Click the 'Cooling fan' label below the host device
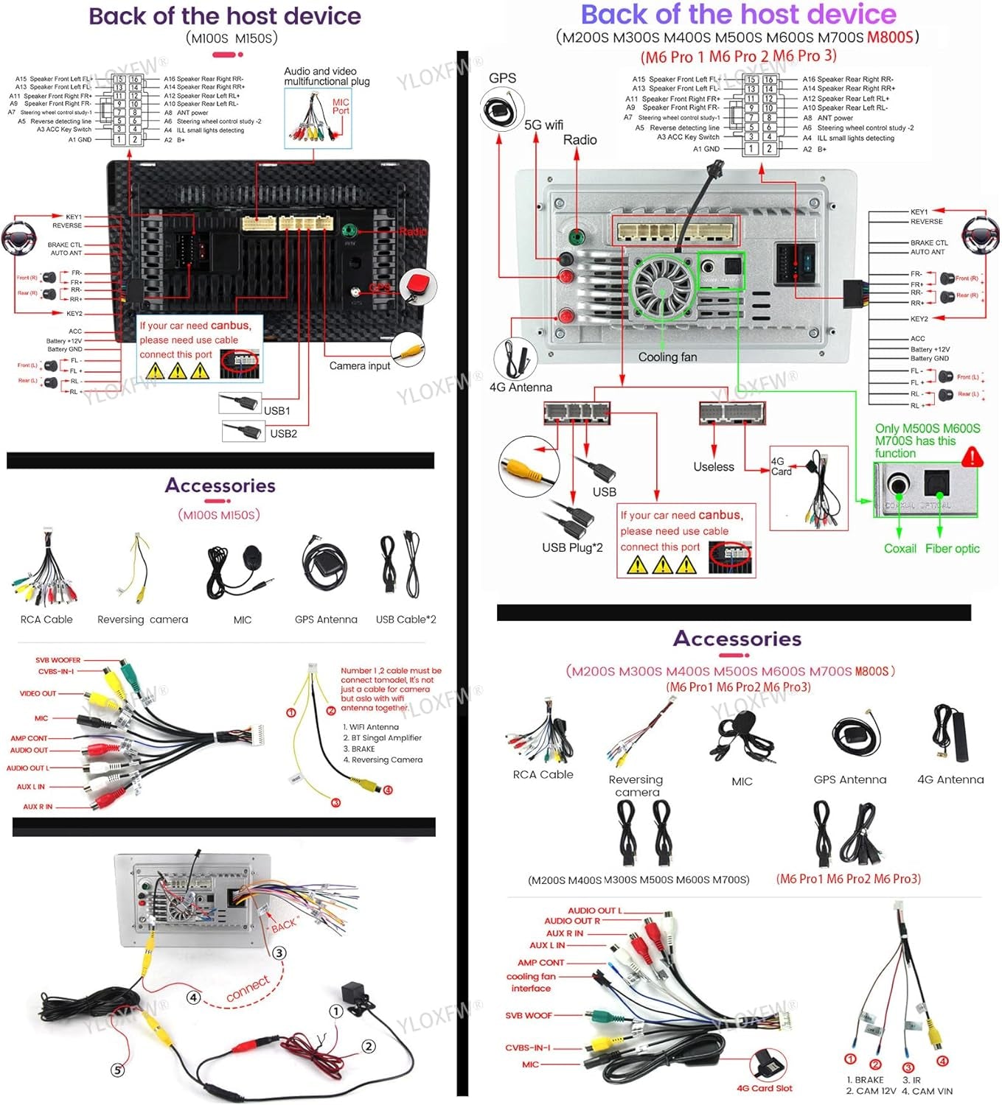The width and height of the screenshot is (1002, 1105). pos(667,357)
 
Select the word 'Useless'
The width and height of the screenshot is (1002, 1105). pos(713,467)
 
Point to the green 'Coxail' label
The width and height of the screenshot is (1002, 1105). pos(900,549)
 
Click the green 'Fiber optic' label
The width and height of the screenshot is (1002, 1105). pos(952,549)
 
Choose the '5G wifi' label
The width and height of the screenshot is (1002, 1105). pos(543,125)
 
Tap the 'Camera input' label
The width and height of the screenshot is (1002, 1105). pos(359,366)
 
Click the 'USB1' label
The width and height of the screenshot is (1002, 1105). pos(276,411)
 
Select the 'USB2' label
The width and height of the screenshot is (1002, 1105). pos(283,434)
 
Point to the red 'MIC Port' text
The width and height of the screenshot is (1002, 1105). pos(340,107)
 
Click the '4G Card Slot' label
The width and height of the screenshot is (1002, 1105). pos(764,1088)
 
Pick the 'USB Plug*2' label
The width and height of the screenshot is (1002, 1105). pos(572,547)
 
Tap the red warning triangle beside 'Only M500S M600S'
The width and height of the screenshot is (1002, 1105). pos(973,457)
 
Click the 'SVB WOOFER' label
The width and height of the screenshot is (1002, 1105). pos(58,660)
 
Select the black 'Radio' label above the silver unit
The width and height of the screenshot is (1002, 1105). pos(580,140)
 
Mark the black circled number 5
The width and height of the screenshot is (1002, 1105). pos(117,1070)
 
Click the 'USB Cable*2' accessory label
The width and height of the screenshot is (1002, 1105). pos(406,620)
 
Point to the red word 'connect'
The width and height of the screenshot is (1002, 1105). pos(248,989)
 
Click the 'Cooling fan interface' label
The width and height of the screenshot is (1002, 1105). pos(531,983)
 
